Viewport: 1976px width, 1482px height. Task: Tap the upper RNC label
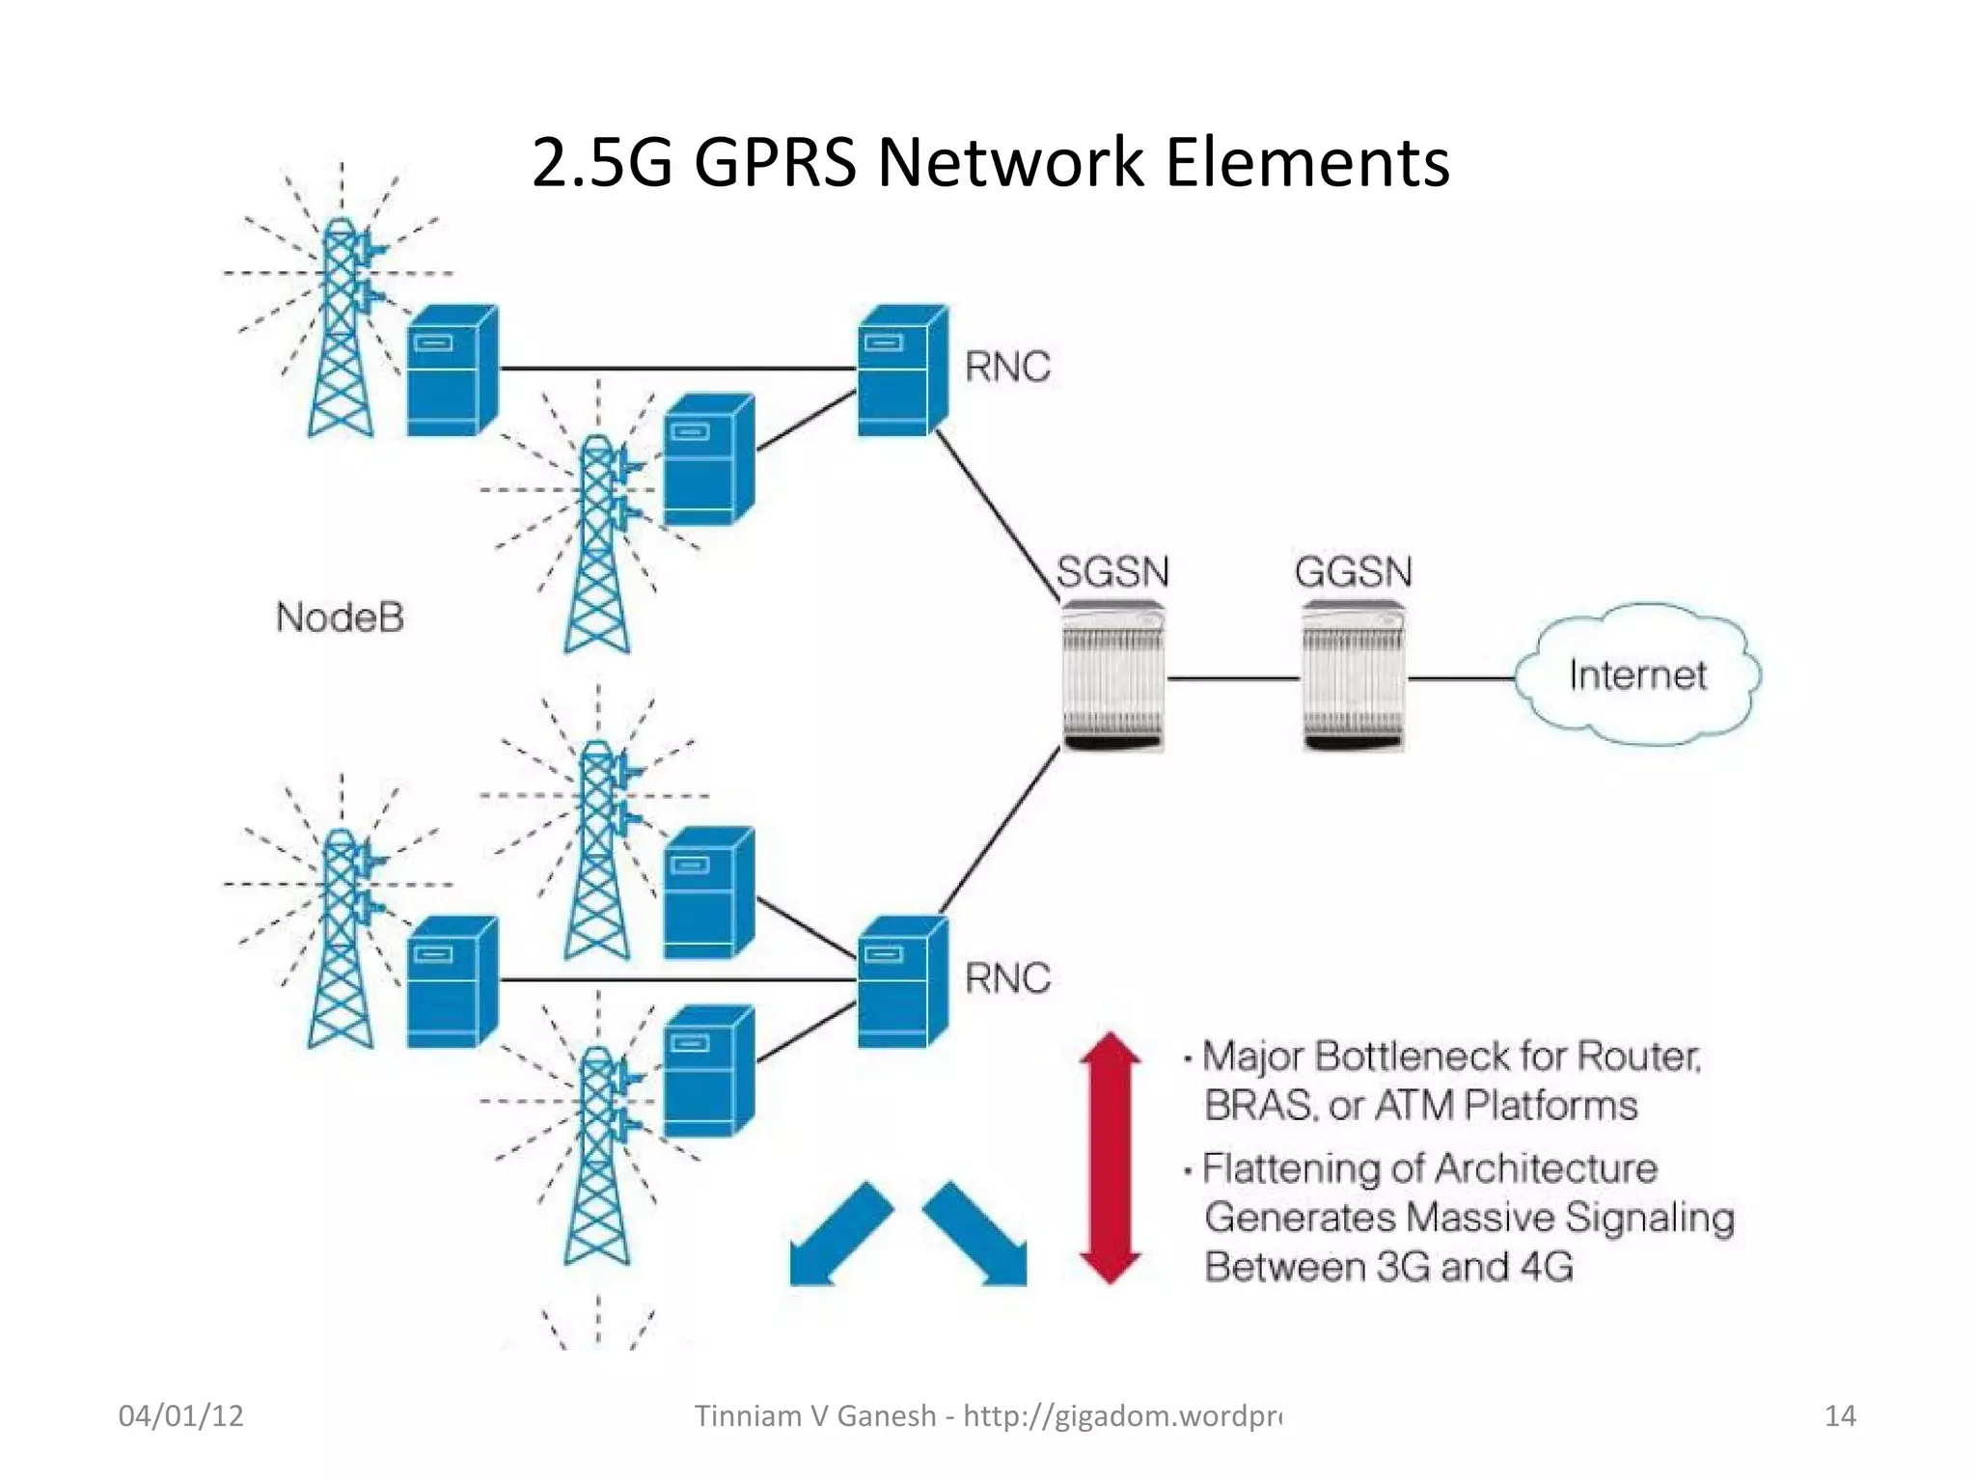coord(1007,367)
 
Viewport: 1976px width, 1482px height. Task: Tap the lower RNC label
coord(1007,978)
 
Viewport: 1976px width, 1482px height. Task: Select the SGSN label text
coord(1112,571)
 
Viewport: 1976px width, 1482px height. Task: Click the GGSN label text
coord(1353,571)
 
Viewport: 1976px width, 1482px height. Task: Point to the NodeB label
coord(340,617)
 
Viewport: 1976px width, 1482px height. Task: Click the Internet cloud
coord(1637,675)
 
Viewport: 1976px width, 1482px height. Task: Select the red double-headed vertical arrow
coord(1110,1158)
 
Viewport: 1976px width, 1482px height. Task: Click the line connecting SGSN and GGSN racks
coord(1232,678)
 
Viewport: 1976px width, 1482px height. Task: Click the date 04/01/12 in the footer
coord(180,1415)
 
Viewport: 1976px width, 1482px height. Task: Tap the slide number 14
coord(1840,1415)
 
